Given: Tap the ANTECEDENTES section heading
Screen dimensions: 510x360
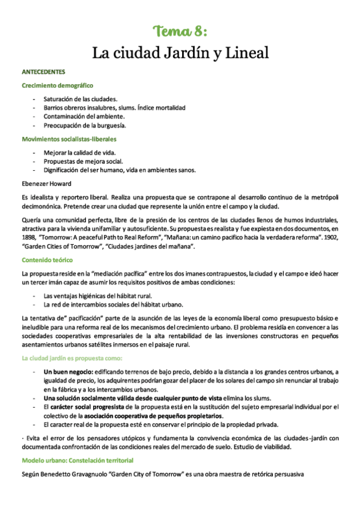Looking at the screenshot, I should (47, 72).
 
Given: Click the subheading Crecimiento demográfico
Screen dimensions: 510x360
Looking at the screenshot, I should (57, 85).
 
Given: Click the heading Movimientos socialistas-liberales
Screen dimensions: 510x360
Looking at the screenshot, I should (69, 139).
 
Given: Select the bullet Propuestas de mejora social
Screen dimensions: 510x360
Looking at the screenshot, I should (83, 161).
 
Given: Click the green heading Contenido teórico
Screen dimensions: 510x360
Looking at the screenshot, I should (47, 260).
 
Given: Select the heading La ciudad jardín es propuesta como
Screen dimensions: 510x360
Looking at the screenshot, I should (75, 358).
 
